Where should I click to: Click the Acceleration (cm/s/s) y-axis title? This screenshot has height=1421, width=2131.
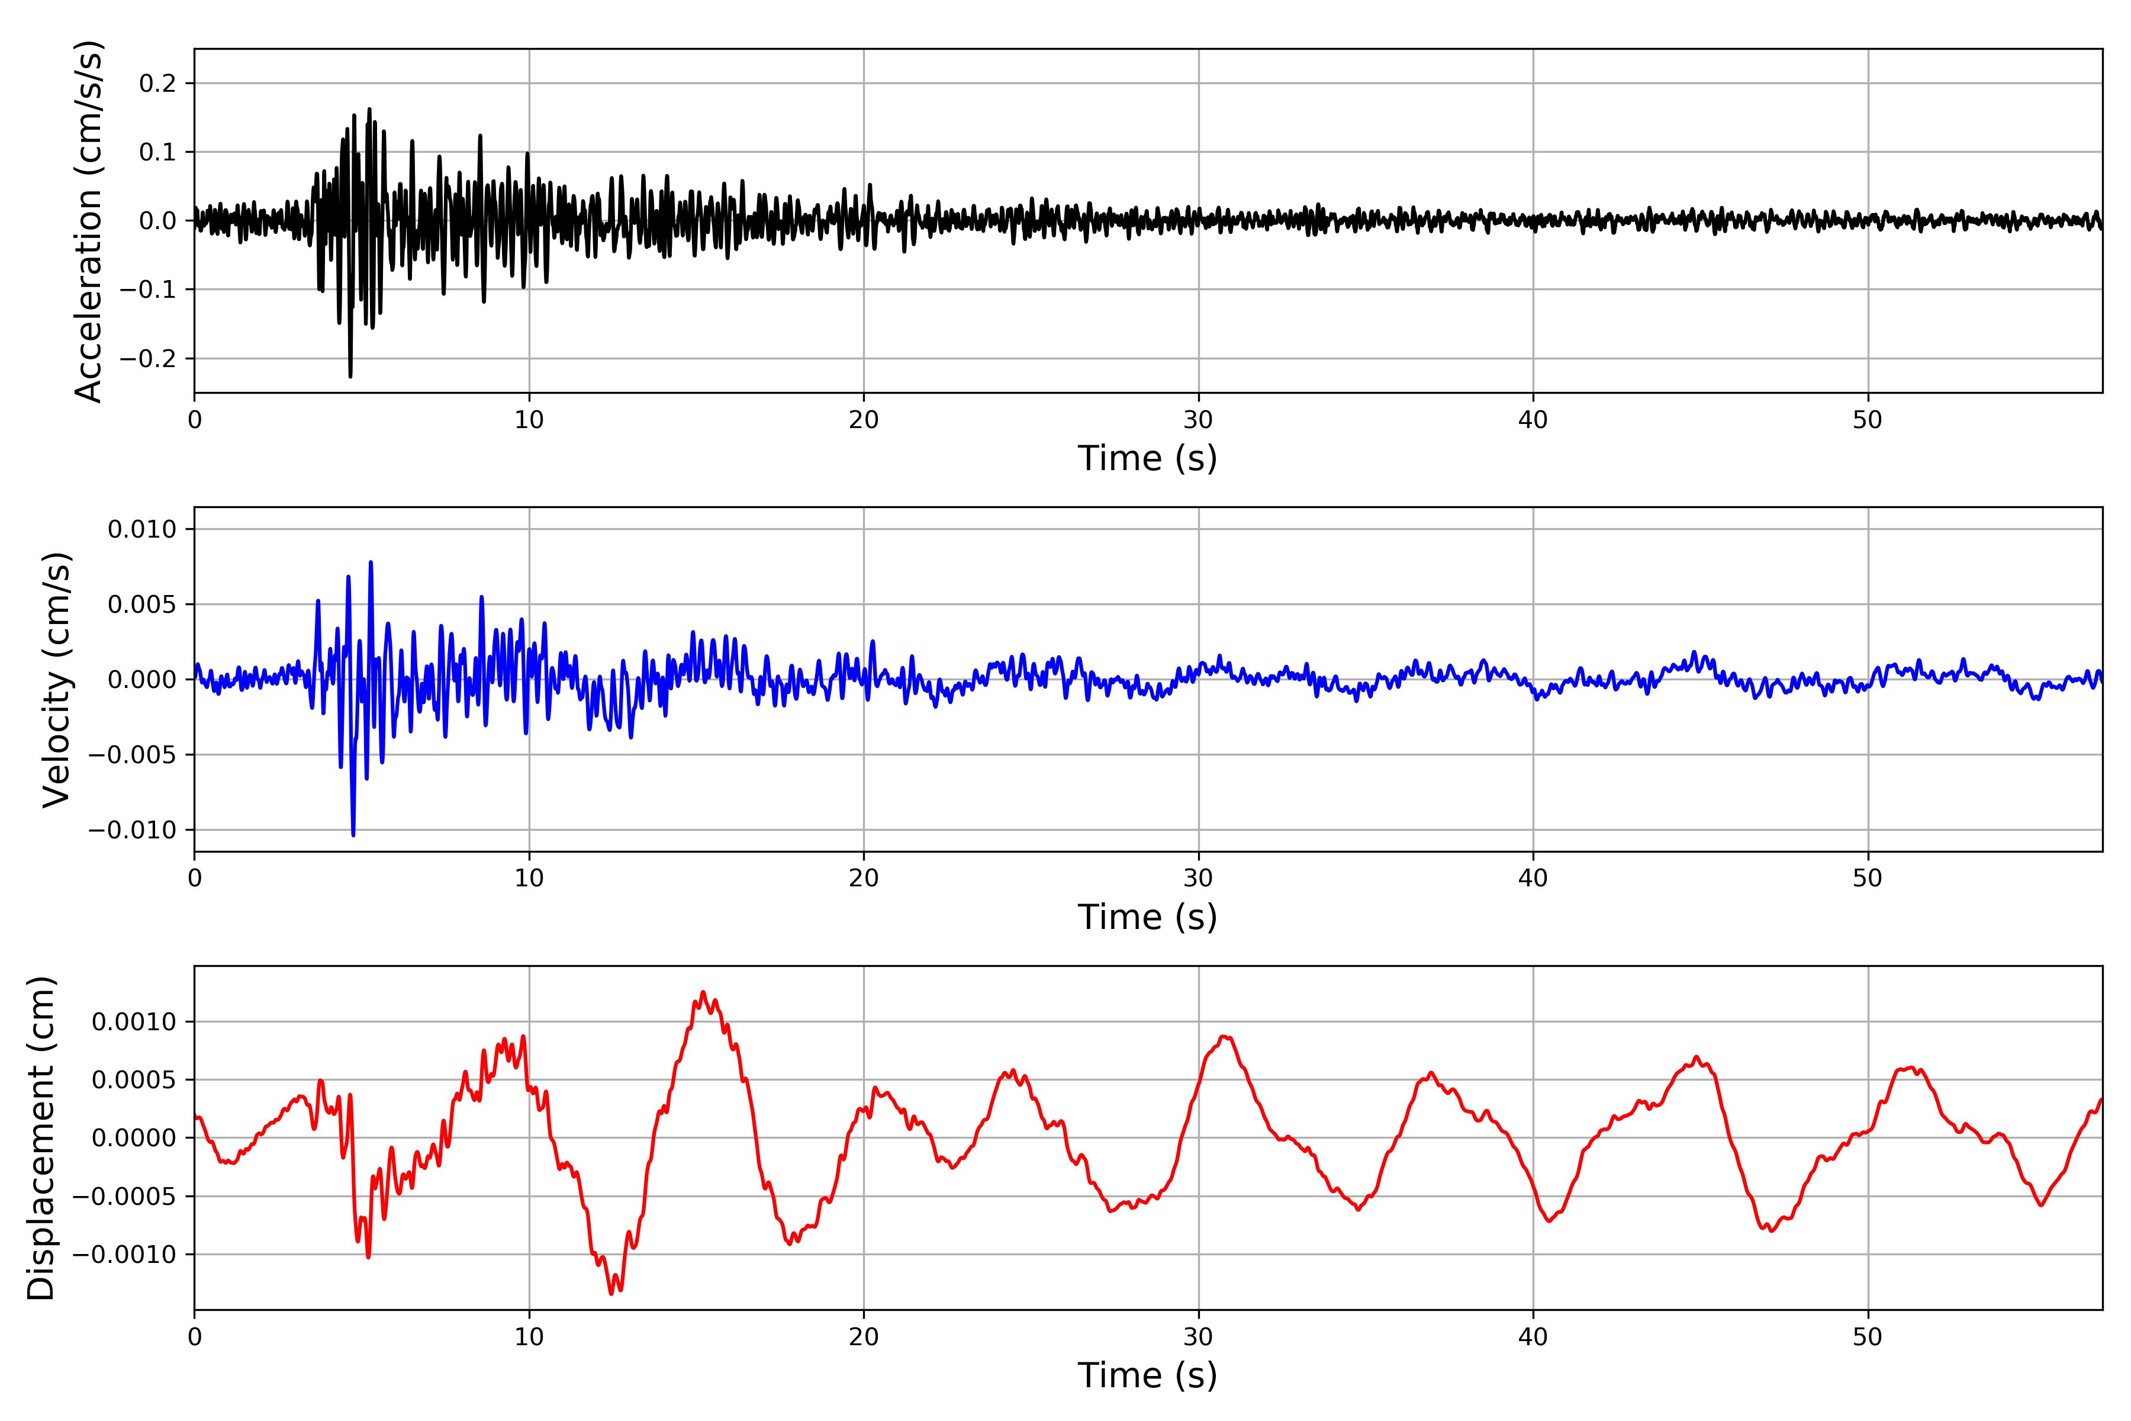pos(89,221)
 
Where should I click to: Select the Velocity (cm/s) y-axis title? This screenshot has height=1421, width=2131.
pos(56,680)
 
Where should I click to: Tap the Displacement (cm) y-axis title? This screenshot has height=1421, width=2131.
pos(41,1138)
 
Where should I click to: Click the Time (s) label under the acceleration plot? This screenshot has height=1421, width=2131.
pos(1147,458)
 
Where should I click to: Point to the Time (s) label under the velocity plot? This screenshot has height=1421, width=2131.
pos(1147,917)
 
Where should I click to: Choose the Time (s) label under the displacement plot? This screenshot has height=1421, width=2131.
pos(1147,1375)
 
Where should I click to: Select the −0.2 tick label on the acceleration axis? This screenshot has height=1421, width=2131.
pos(149,359)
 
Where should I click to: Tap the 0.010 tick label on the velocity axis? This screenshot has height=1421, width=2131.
pos(143,529)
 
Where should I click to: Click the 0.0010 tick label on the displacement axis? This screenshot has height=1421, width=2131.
pos(135,1023)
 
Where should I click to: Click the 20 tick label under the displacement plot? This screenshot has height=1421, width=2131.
pos(864,1338)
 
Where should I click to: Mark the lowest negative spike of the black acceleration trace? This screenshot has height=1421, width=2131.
pos(350,376)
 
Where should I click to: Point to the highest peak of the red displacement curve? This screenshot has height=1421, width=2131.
pos(703,992)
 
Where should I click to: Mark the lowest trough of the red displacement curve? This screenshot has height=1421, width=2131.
pos(611,1293)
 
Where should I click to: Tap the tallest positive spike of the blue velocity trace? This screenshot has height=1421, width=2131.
pos(371,563)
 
